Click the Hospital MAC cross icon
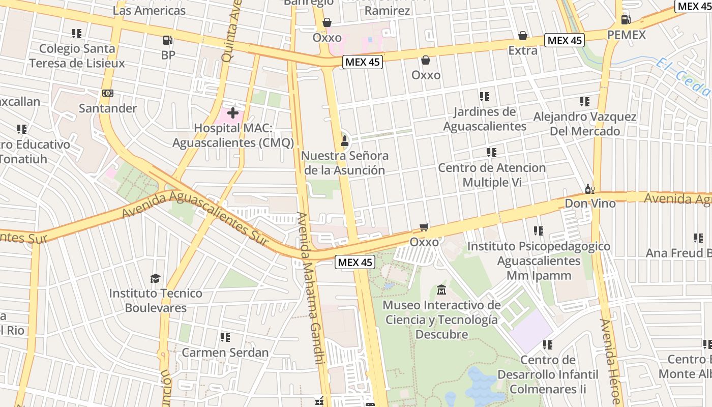pyautogui.click(x=233, y=113)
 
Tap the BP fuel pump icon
pyautogui.click(x=167, y=40)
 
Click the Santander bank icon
pyautogui.click(x=107, y=93)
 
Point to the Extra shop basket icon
pyautogui.click(x=522, y=36)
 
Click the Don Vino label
pyautogui.click(x=590, y=203)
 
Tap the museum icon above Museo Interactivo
pyautogui.click(x=441, y=290)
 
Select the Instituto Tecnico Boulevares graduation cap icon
pyautogui.click(x=155, y=278)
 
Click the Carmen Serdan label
pyautogui.click(x=225, y=352)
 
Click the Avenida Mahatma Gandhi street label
pyautogui.click(x=310, y=287)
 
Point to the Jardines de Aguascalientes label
pyautogui.click(x=484, y=119)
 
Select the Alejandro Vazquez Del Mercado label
pyautogui.click(x=584, y=124)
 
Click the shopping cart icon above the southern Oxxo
pyautogui.click(x=424, y=227)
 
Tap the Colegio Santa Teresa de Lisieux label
pyautogui.click(x=77, y=55)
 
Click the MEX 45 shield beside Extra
pyautogui.click(x=564, y=40)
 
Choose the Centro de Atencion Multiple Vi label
pyautogui.click(x=491, y=175)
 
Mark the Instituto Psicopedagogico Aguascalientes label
pyautogui.click(x=539, y=260)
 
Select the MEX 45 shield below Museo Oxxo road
pyautogui.click(x=355, y=263)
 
